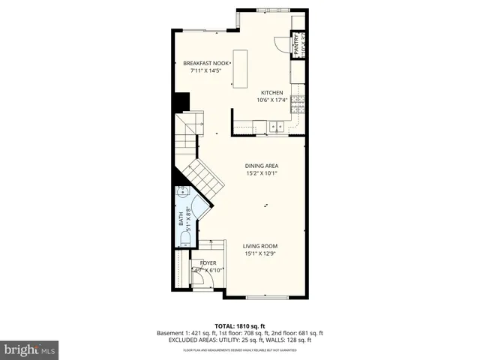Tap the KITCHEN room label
coord(271,92)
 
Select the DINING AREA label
coord(262,166)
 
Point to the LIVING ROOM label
coord(261,246)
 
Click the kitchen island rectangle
coord(240,67)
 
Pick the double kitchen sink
coord(278,126)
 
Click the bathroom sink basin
coord(182,193)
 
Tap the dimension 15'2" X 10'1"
coord(262,173)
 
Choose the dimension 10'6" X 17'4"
coord(271,100)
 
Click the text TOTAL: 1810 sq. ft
coord(239,325)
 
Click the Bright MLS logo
coord(30,349)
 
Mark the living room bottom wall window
coord(266,298)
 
